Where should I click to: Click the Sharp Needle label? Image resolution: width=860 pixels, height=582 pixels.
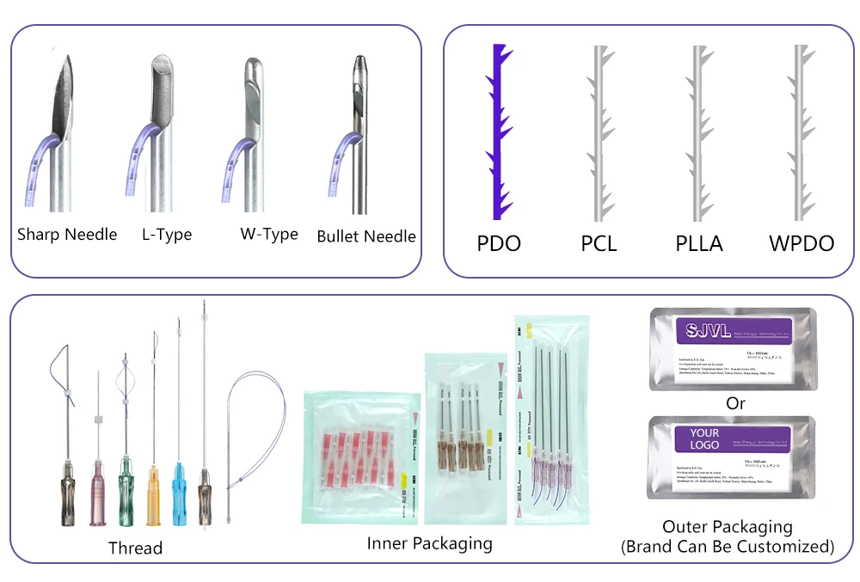point(67,234)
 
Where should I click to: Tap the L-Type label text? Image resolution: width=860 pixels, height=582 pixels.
point(167,234)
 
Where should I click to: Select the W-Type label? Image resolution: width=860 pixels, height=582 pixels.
point(269,234)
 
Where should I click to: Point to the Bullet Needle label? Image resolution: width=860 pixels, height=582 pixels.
point(366,236)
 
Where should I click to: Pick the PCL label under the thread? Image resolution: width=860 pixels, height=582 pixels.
point(599,243)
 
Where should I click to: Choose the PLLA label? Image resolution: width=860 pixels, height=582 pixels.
point(699,243)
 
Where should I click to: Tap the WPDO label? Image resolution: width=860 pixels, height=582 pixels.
point(802,243)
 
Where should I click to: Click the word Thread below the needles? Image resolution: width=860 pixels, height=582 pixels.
point(135,548)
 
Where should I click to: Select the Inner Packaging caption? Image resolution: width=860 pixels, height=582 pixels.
point(429,543)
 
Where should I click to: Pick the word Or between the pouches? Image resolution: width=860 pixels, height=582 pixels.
point(735,401)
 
